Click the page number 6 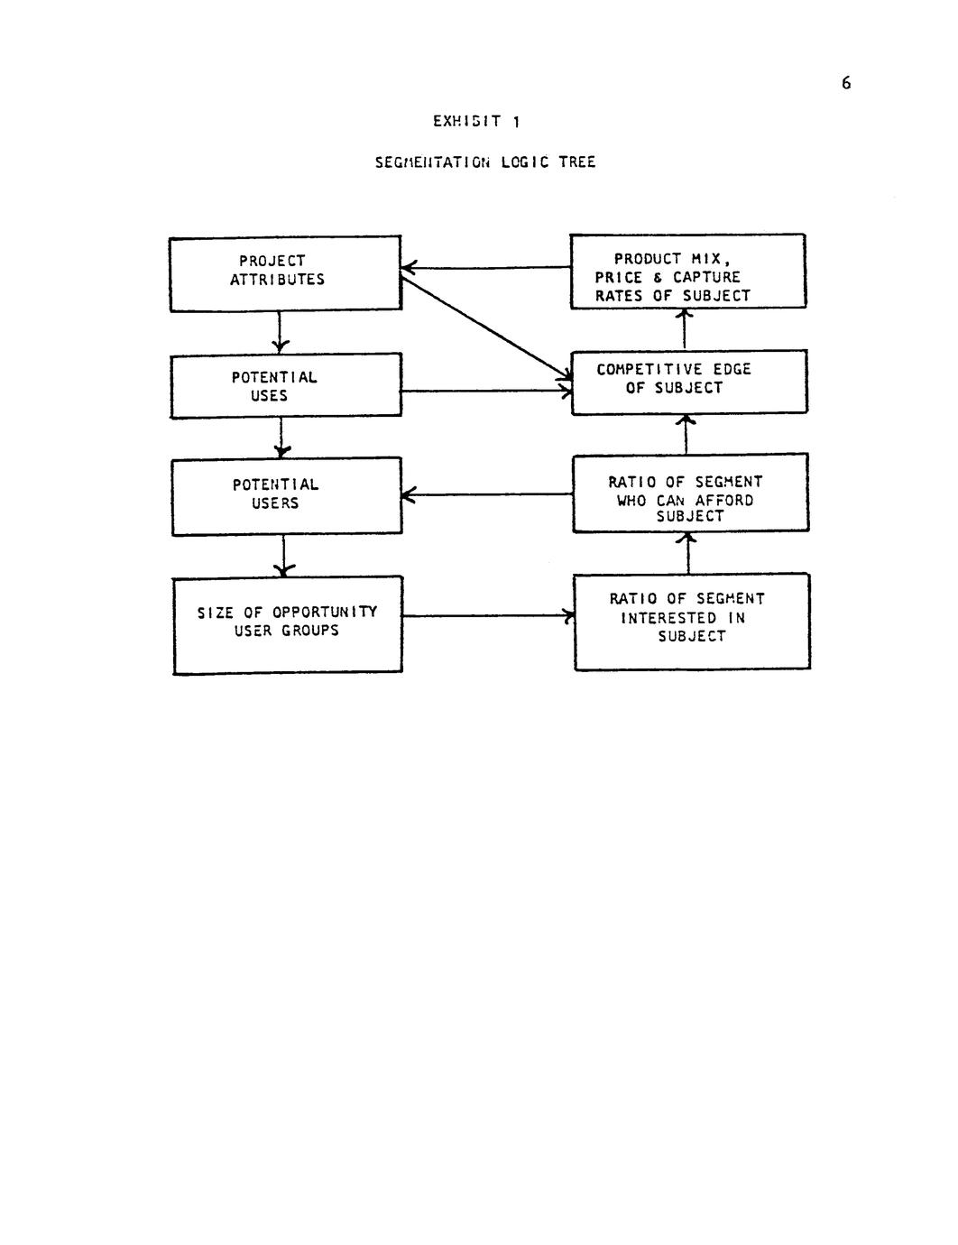click(845, 83)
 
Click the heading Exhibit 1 click(476, 121)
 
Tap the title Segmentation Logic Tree click(485, 162)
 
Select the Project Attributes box click(285, 273)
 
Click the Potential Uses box click(286, 386)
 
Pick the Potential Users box click(287, 495)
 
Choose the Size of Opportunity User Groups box click(288, 624)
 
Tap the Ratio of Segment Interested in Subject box click(692, 621)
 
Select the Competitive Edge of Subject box click(688, 382)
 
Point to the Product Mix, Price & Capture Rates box click(687, 271)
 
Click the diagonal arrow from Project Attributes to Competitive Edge click(486, 329)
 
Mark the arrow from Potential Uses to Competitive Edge click(486, 391)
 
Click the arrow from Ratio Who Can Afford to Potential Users click(487, 494)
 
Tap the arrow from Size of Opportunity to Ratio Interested click(488, 616)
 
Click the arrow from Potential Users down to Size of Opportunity click(284, 556)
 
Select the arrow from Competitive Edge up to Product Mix click(685, 329)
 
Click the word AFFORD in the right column click(724, 500)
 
